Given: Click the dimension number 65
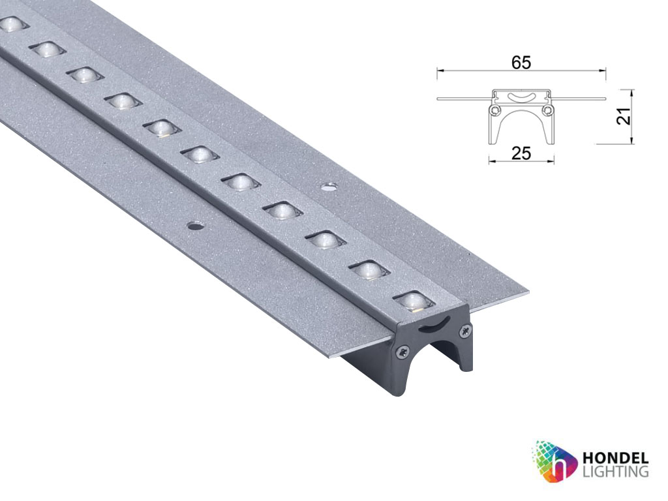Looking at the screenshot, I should (x=521, y=63).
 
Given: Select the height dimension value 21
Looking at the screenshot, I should (x=624, y=115).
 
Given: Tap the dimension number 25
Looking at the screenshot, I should (x=521, y=153).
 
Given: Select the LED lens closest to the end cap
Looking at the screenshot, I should (x=414, y=301).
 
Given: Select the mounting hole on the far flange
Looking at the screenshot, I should (x=328, y=187).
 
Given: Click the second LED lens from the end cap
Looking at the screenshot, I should (x=369, y=270).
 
